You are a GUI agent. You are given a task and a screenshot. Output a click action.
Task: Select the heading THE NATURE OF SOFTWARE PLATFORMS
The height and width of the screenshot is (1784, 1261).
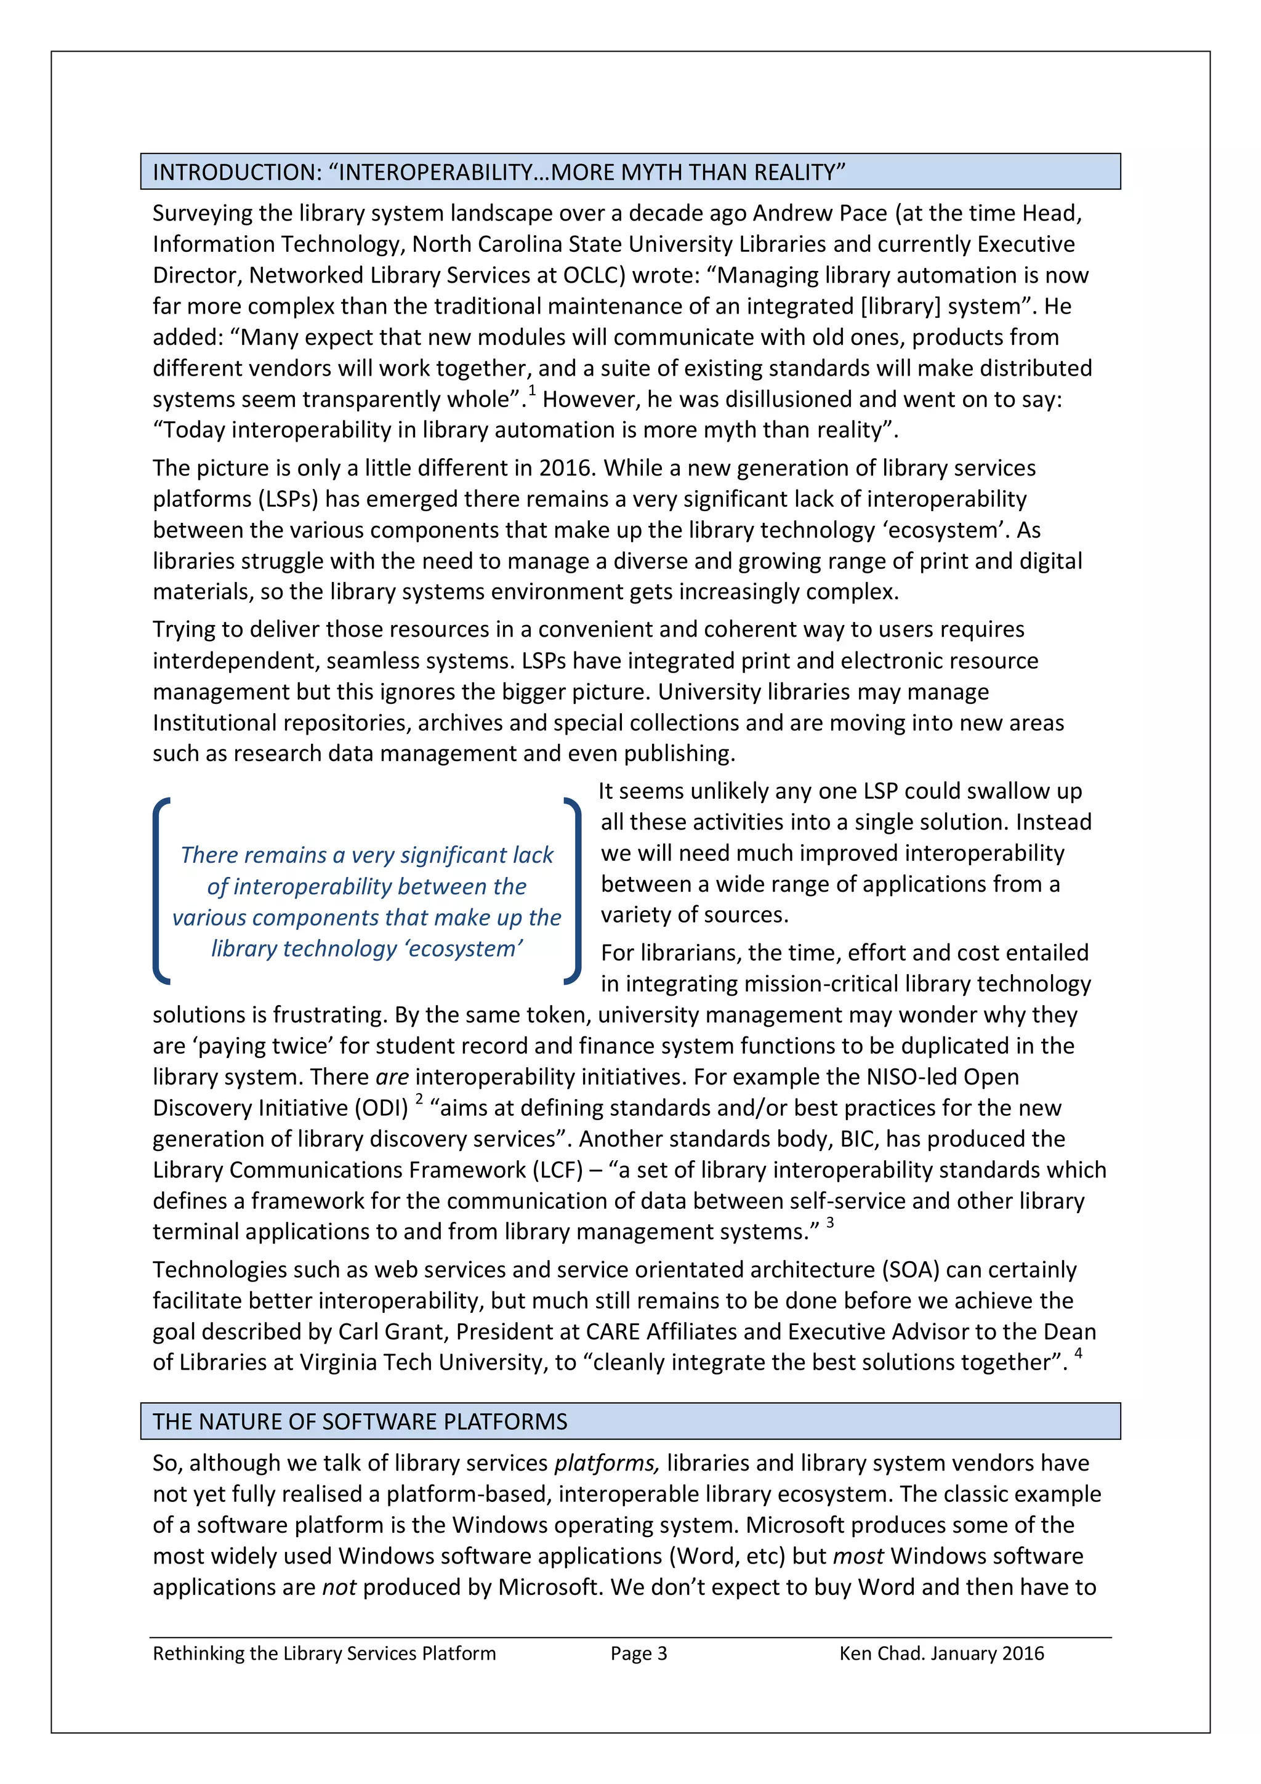(x=360, y=1421)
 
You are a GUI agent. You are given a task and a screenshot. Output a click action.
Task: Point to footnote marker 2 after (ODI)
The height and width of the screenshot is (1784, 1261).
(x=419, y=1099)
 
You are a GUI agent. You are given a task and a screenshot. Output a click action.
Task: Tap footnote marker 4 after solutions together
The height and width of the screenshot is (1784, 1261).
(x=1078, y=1354)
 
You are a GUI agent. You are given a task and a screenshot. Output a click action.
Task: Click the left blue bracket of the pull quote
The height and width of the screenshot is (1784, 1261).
(x=161, y=891)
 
